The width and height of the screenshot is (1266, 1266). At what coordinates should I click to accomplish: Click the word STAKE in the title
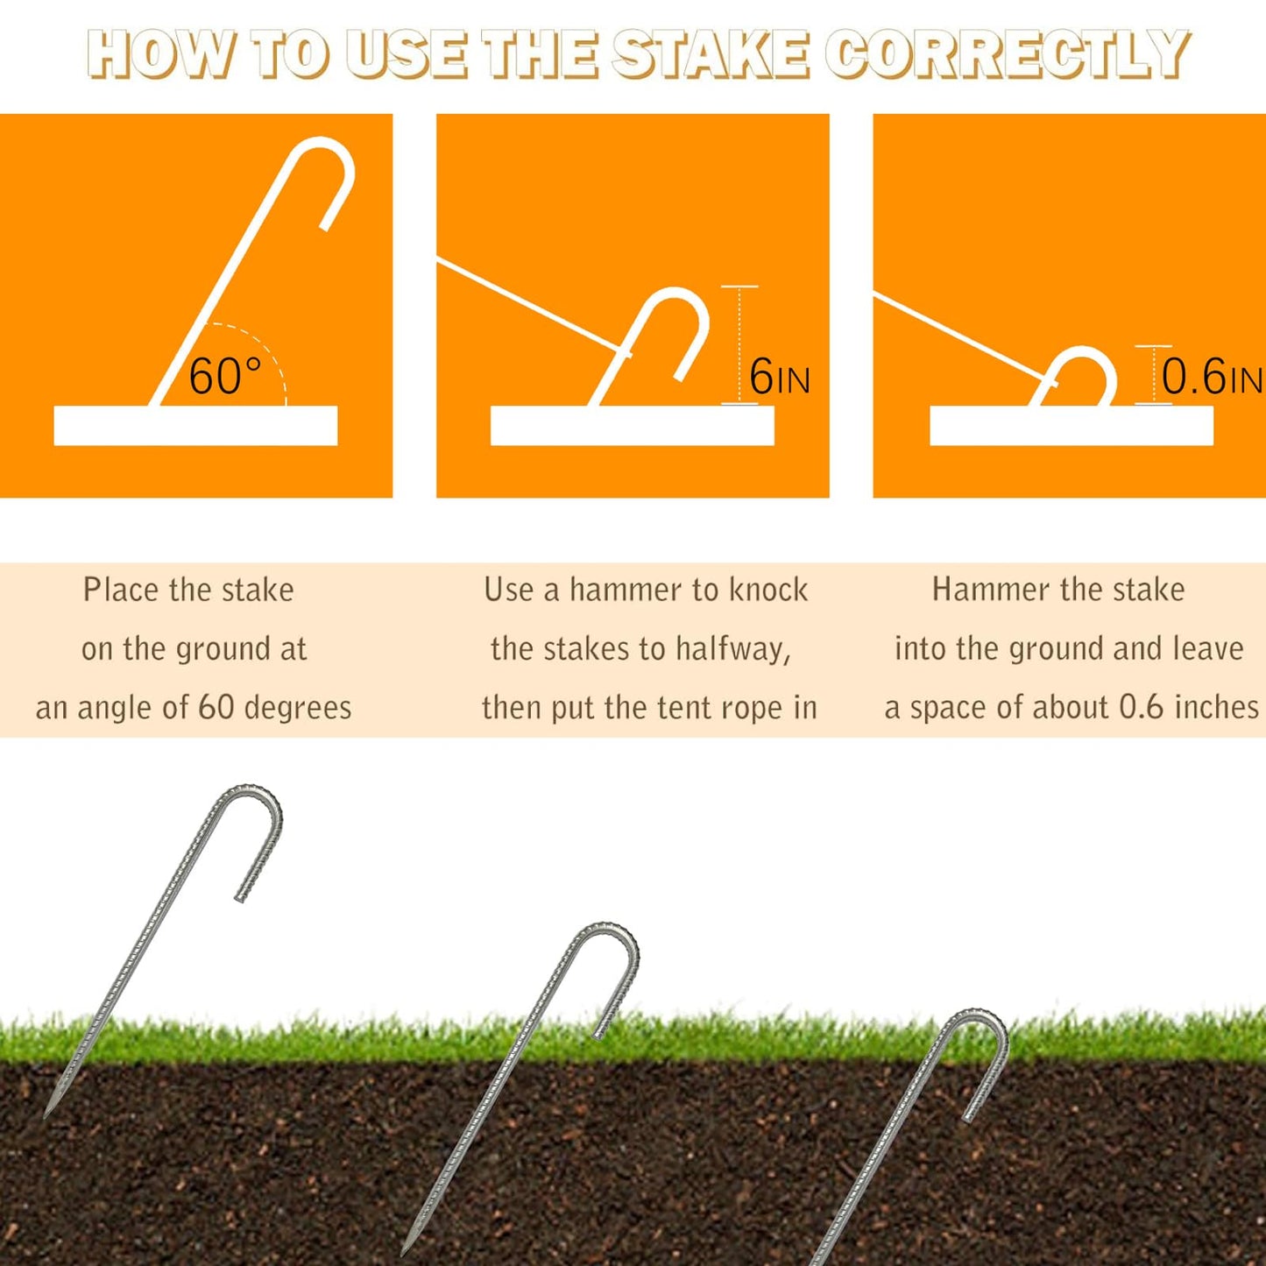tap(710, 54)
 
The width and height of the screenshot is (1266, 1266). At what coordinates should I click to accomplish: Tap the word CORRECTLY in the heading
tap(1007, 54)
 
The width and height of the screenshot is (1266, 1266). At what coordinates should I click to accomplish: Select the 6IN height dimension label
tap(779, 378)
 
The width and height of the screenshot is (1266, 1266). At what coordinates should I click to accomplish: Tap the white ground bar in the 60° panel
tap(195, 426)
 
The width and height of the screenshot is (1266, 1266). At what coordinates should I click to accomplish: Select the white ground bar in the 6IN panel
tap(632, 426)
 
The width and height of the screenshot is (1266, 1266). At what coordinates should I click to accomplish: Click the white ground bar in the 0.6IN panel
tap(1071, 426)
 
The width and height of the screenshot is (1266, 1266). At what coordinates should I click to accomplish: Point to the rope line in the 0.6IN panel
tap(959, 337)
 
